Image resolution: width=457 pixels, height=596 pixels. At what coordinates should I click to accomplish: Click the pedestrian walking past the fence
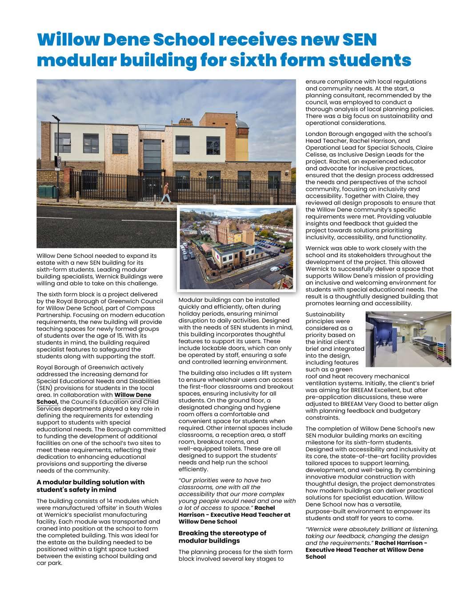tap(166, 193)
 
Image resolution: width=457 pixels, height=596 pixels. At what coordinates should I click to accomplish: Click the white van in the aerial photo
tap(275, 269)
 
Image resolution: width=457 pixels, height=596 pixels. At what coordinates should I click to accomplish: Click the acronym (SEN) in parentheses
tap(44, 388)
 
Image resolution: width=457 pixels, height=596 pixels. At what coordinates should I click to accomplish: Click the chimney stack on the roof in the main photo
tap(184, 122)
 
